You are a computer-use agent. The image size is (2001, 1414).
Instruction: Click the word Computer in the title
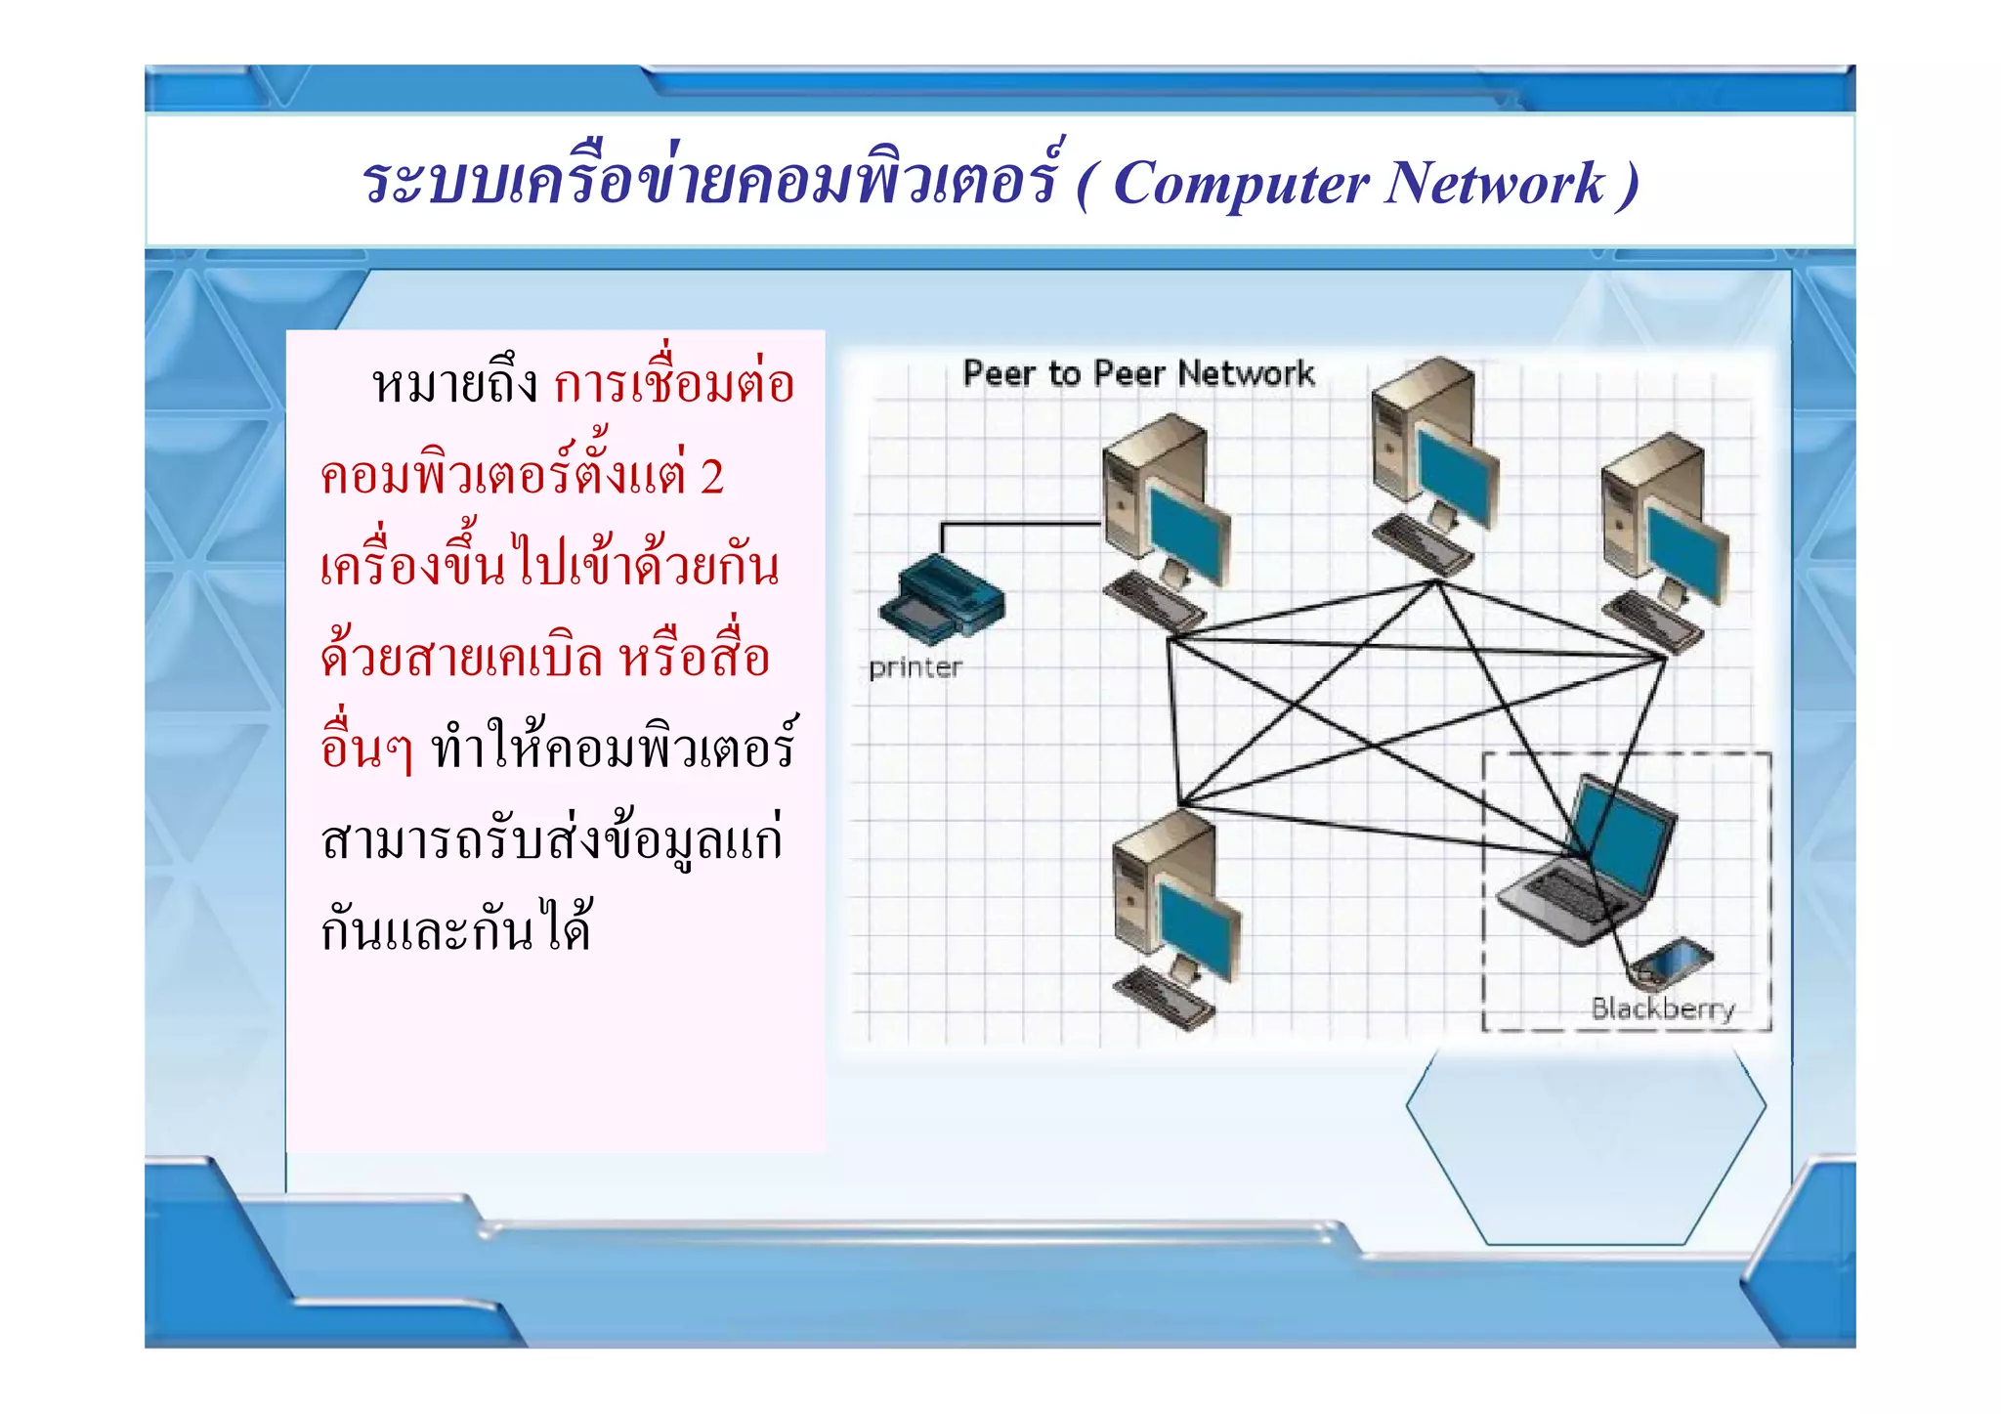pos(1240,184)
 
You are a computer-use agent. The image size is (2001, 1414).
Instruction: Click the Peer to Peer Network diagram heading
pos(1138,373)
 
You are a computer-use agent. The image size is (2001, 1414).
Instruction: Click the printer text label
pos(915,668)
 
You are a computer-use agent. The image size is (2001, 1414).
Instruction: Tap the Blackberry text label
pos(1662,1008)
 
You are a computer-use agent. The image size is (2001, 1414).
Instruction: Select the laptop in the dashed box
pos(1588,865)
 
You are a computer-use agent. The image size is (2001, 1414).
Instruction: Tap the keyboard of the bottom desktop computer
pos(1163,997)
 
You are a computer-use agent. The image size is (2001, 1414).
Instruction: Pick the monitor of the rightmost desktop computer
pos(1687,547)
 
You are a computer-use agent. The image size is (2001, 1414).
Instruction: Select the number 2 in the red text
pos(711,477)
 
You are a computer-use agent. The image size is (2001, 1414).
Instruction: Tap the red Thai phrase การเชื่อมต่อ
pos(674,383)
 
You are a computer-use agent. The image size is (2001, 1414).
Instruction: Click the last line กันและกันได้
pos(456,928)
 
